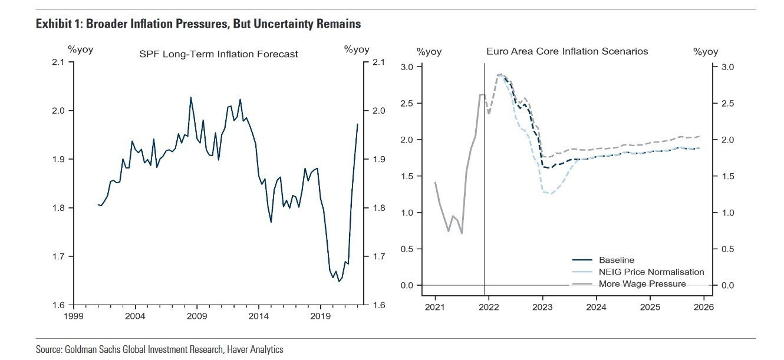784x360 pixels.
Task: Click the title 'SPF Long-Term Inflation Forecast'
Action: (218, 54)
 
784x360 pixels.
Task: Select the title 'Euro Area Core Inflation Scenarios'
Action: (567, 51)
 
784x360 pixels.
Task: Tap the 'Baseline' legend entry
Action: (617, 260)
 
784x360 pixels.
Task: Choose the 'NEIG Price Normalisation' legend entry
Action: (651, 272)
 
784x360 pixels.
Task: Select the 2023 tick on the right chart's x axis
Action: (542, 307)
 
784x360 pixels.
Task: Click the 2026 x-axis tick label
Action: (704, 307)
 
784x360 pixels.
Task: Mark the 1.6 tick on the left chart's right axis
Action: (378, 305)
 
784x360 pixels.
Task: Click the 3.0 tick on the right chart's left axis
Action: (408, 67)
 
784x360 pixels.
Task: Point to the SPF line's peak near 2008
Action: (191, 97)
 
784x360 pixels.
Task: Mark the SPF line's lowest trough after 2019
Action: (339, 282)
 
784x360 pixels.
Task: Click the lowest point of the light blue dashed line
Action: (551, 194)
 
